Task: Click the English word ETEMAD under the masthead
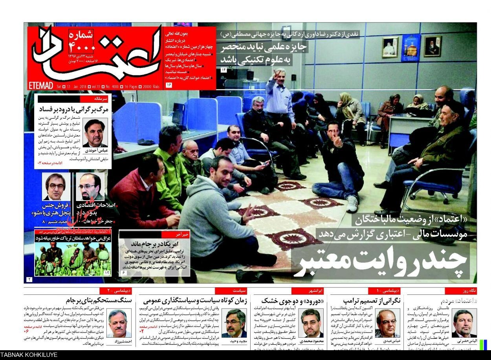40,86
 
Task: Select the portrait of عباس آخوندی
95,132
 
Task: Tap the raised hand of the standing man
278,73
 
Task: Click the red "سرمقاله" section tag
96,99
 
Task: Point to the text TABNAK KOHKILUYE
29,355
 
